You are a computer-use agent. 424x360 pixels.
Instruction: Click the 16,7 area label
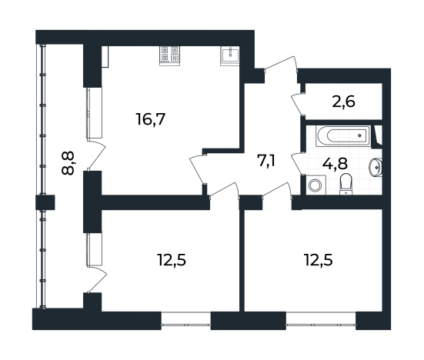tap(151, 119)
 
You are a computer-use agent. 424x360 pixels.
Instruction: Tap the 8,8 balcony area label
tap(68, 163)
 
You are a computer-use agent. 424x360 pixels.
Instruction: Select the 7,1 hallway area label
tap(266, 161)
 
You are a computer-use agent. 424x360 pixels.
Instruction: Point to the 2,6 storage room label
tap(343, 102)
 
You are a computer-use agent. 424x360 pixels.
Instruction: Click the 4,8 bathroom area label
tap(335, 163)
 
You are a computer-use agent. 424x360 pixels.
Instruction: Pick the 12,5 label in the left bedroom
tap(172, 260)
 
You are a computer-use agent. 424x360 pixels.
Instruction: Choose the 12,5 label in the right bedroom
tap(319, 260)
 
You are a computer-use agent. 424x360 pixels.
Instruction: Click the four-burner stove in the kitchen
tap(170, 56)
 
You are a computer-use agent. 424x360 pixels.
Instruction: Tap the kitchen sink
tap(230, 56)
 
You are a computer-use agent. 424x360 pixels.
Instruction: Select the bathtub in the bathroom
tap(343, 135)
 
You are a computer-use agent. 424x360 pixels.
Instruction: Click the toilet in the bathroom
tap(346, 185)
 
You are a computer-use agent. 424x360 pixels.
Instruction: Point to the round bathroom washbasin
tap(376, 168)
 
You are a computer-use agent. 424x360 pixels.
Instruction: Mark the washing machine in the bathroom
tap(315, 185)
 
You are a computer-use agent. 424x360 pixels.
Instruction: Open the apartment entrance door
tap(281, 65)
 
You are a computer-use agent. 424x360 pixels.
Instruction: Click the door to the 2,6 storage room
tap(298, 104)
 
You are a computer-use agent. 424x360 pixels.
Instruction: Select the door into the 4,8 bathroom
tap(298, 164)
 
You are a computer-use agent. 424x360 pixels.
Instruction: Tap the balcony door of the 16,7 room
tap(96, 155)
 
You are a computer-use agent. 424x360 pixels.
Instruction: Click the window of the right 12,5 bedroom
tap(321, 321)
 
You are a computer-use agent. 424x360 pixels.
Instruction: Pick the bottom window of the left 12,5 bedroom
tap(186, 321)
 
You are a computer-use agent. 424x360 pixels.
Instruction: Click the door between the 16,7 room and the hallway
tap(198, 169)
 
